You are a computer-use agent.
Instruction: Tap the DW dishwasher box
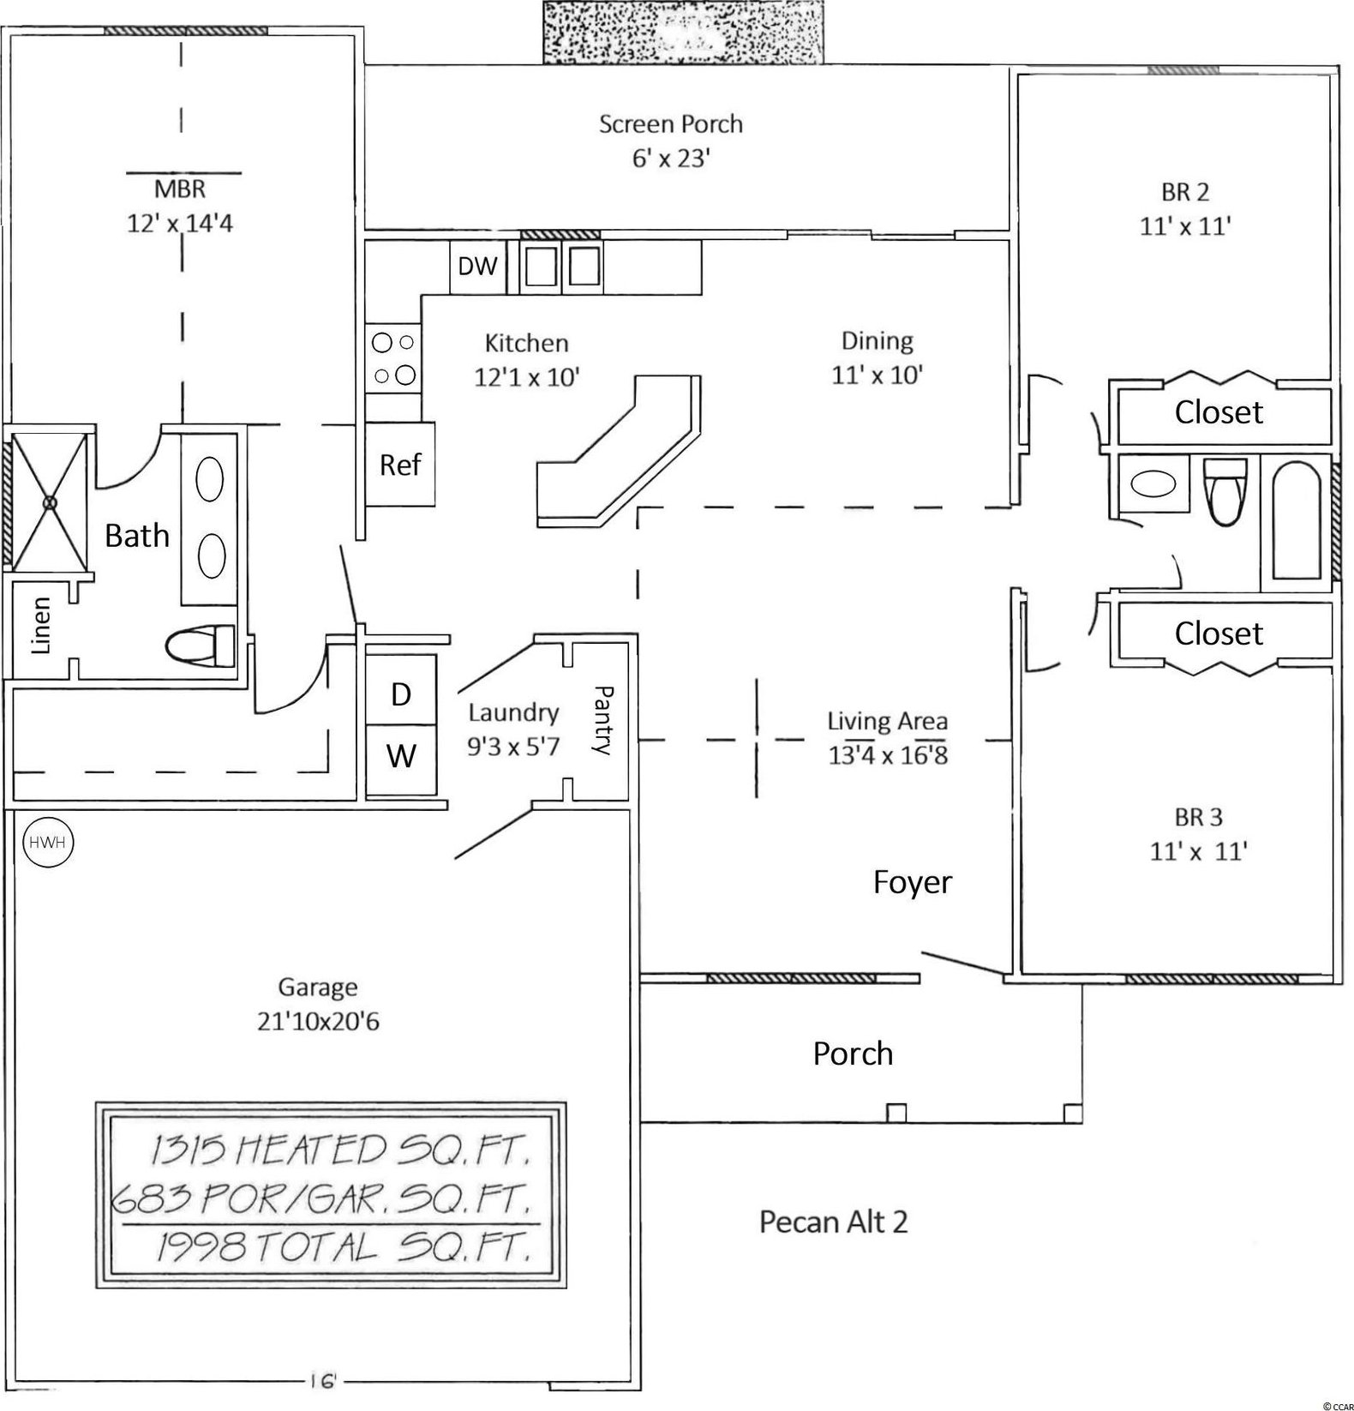pyautogui.click(x=476, y=267)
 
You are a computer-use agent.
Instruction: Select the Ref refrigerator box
pyautogui.click(x=400, y=465)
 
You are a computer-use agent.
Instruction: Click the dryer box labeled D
pyautogui.click(x=401, y=693)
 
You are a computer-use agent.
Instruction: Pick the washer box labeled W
pyautogui.click(x=401, y=756)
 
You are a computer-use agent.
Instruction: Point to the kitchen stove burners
pyautogui.click(x=393, y=358)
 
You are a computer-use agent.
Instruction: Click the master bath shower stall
pyautogui.click(x=50, y=500)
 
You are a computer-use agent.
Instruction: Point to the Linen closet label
pyautogui.click(x=40, y=626)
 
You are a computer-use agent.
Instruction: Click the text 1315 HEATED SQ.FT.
pyautogui.click(x=338, y=1151)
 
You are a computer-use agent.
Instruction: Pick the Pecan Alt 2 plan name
pyautogui.click(x=833, y=1221)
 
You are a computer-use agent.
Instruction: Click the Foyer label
pyautogui.click(x=912, y=881)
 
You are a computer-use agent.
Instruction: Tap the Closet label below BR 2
pyautogui.click(x=1218, y=412)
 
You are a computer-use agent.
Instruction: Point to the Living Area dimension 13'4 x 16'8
pyautogui.click(x=887, y=755)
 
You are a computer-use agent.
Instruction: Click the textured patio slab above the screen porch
pyautogui.click(x=682, y=32)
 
